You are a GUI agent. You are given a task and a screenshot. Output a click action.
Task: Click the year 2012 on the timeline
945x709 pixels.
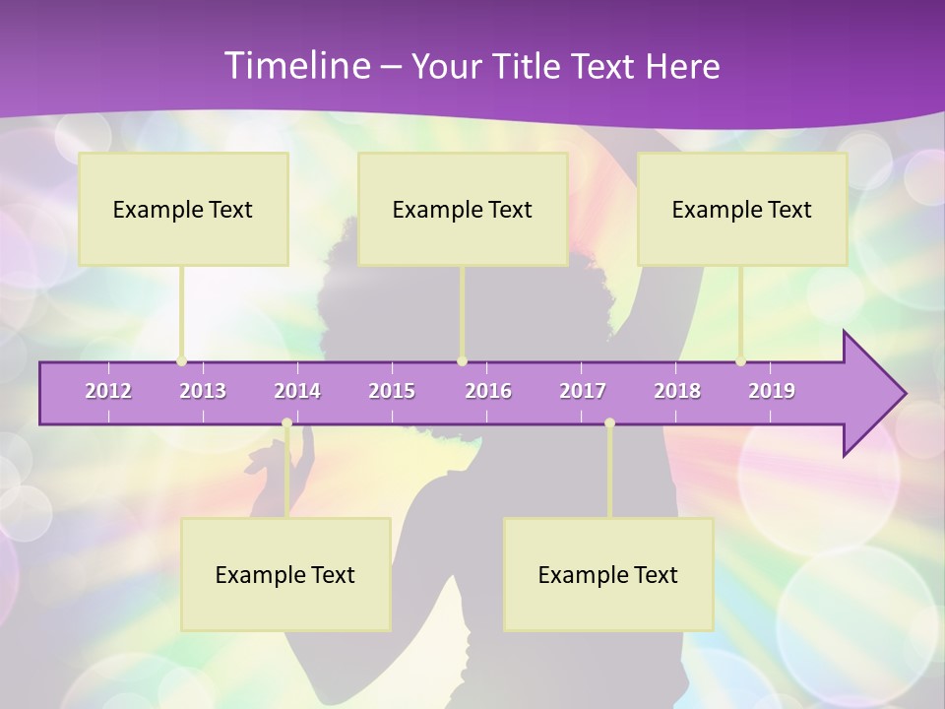click(108, 391)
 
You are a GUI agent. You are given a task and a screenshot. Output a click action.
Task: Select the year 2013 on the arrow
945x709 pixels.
click(203, 391)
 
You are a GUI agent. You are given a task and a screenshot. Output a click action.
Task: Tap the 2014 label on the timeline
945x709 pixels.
click(297, 391)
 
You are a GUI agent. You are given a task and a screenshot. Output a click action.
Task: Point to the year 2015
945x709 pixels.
click(392, 391)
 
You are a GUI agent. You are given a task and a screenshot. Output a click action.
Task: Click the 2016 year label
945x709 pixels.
click(488, 391)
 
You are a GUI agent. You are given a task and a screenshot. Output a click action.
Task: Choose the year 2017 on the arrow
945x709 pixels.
click(583, 391)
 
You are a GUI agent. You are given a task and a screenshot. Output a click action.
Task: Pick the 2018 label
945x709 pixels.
click(677, 391)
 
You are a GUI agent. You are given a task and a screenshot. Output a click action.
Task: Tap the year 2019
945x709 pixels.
click(772, 391)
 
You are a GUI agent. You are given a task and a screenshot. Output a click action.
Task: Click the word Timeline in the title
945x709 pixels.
click(296, 66)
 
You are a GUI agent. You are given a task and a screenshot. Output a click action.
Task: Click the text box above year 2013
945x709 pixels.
click(183, 209)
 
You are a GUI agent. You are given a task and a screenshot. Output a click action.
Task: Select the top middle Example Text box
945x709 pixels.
click(463, 209)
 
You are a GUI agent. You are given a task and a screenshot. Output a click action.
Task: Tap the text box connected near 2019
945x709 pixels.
click(742, 209)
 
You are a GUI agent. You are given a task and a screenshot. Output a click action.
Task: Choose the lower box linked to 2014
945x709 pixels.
click(285, 574)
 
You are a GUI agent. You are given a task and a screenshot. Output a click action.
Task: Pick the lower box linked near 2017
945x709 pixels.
click(608, 574)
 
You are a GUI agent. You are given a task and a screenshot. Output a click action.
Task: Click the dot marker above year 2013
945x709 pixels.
click(182, 361)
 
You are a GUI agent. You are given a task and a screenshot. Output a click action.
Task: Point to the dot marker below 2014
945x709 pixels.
click(286, 423)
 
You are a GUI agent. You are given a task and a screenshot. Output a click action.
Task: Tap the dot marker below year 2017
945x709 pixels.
click(609, 423)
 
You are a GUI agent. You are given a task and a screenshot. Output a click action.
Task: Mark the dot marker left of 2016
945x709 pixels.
click(462, 361)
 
